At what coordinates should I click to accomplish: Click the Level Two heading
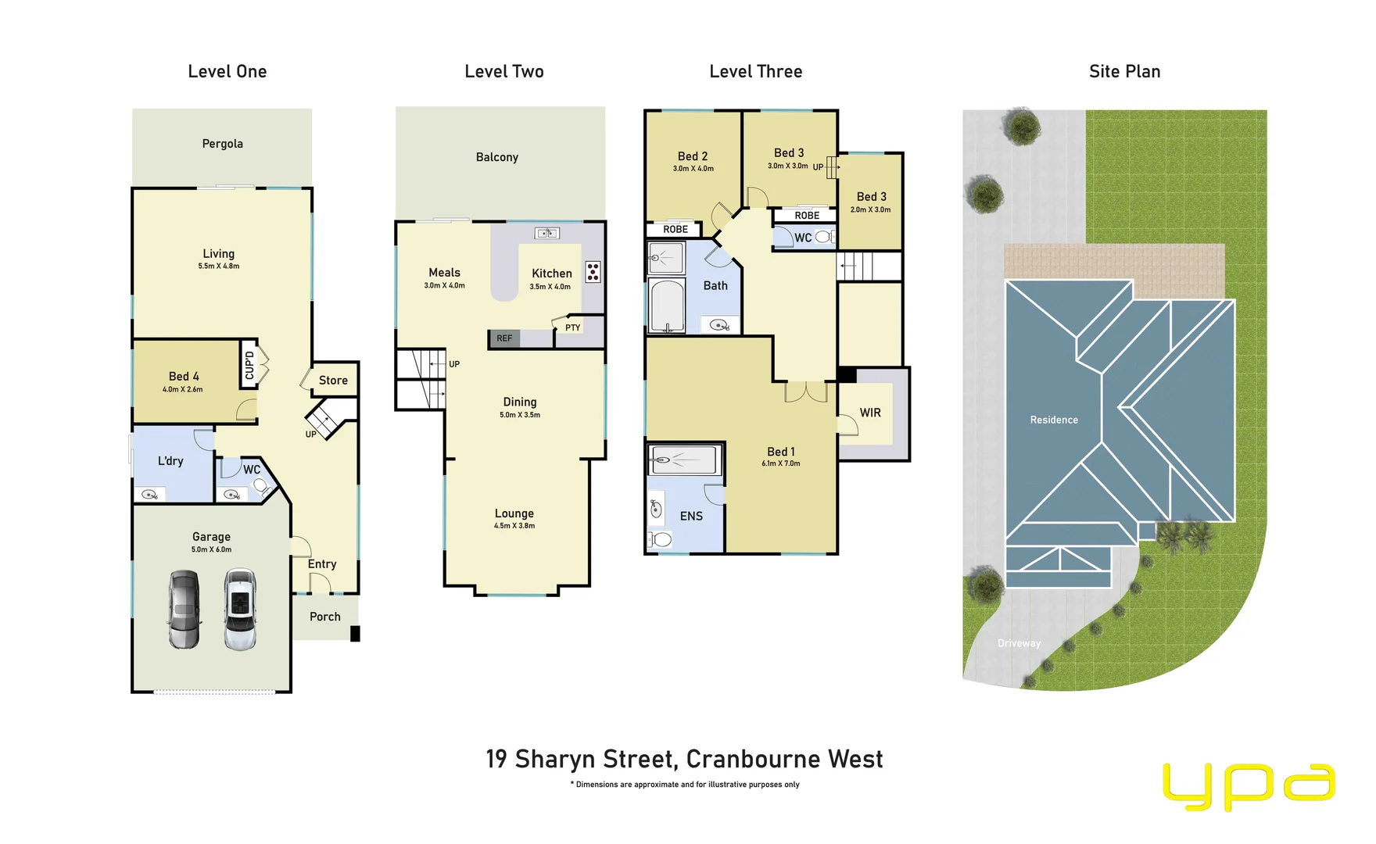point(503,72)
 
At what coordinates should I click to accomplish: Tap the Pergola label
point(222,144)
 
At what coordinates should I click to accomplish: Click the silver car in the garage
point(184,610)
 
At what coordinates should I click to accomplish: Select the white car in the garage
point(240,610)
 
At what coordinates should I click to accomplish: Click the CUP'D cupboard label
point(249,365)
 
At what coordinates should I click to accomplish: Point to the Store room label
point(333,381)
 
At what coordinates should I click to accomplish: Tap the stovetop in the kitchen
point(593,272)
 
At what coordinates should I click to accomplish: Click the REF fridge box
point(504,338)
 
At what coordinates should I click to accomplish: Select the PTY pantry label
point(572,327)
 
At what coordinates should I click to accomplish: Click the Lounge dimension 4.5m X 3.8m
point(514,526)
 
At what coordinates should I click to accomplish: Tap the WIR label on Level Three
point(870,413)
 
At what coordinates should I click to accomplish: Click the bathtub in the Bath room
point(667,306)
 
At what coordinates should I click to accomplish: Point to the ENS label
point(691,516)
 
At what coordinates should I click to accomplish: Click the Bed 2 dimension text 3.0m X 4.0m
point(693,169)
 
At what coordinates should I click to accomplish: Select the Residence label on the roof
point(1053,420)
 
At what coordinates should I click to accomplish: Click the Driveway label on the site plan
point(1019,643)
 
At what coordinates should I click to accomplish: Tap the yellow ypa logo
point(1249,785)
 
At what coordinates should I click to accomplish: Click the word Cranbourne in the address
point(753,759)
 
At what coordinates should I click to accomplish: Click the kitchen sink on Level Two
point(546,233)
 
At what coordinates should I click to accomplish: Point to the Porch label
point(324,617)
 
